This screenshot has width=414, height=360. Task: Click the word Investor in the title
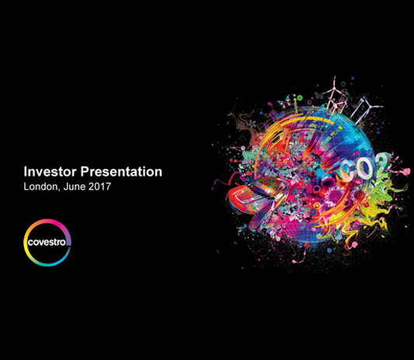coord(50,171)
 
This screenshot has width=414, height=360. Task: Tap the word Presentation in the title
coord(121,171)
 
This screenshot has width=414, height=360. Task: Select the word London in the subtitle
coord(40,186)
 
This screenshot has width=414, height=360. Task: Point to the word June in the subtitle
coord(75,186)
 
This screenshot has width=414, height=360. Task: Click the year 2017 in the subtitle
coord(99,186)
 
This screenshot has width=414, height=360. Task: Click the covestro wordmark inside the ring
coord(47,242)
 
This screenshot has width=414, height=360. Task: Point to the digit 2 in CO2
coord(381,163)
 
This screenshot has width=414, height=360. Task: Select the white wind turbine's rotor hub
coord(370,106)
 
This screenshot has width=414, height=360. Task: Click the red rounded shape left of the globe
coord(238,199)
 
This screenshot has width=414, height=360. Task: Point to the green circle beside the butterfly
coord(299,99)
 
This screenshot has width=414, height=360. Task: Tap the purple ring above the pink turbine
coord(343,84)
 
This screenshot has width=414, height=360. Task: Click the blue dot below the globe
coord(329,250)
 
